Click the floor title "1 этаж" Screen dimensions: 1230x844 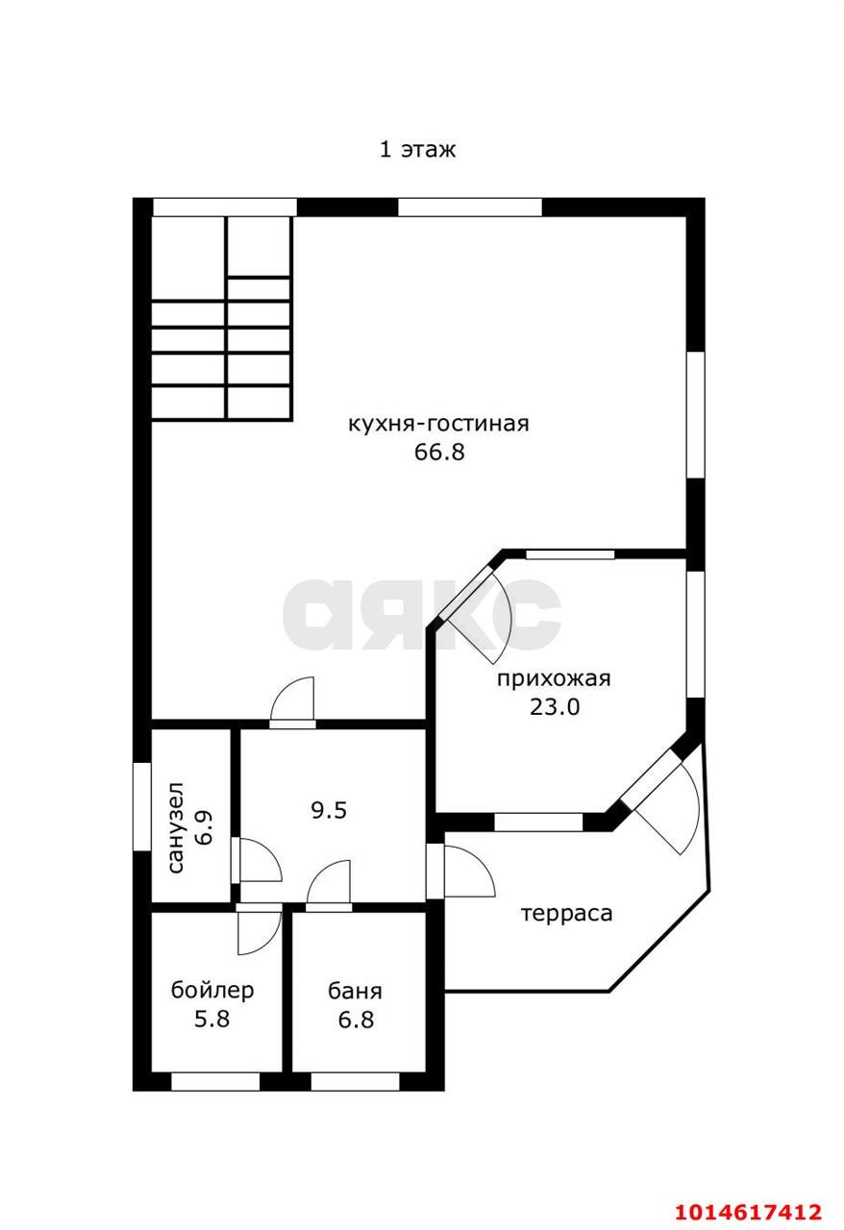click(416, 150)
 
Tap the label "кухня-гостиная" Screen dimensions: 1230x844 click(438, 424)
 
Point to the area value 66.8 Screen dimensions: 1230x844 click(439, 452)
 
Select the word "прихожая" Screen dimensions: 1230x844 click(554, 679)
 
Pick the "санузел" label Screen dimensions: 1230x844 click(177, 827)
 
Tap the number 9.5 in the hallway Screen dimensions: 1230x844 click(328, 810)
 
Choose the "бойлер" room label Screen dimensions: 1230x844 click(212, 991)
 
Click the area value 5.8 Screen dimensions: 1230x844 click(212, 1020)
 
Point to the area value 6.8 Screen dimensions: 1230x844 click(355, 1020)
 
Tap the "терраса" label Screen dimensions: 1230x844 click(566, 913)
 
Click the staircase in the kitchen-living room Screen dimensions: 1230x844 click(221, 318)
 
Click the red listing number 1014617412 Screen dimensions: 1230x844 click(748, 1212)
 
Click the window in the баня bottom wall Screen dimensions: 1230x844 click(355, 1081)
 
